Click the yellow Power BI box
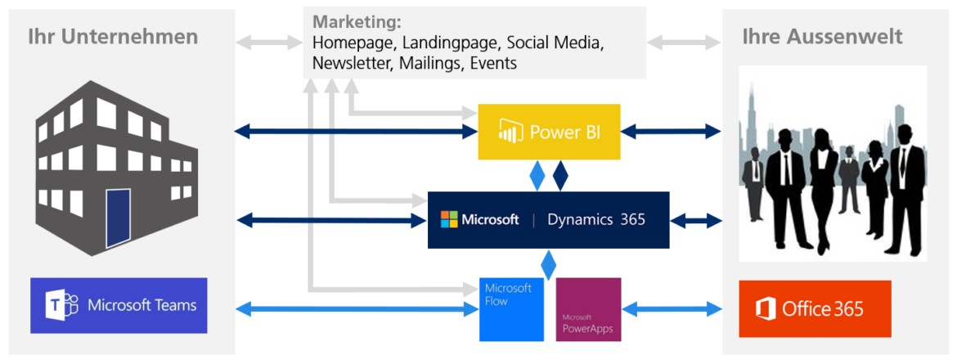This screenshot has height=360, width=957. coord(549,132)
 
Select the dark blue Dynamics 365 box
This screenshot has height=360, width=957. coord(548,220)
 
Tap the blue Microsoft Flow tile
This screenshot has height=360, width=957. coord(511,309)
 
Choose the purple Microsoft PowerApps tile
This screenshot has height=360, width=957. coord(588,309)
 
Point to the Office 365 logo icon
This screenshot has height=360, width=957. coord(766,309)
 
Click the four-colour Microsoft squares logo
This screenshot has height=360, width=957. coord(449,219)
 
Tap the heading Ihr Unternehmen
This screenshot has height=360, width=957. coord(113,37)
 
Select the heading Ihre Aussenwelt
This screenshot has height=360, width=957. coord(822,37)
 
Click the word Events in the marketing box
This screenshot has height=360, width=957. coord(493,63)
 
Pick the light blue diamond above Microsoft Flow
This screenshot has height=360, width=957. coord(549,263)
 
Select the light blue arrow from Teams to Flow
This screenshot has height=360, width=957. coord(356,308)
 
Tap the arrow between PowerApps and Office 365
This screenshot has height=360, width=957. coord(672,309)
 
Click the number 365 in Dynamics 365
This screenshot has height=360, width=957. coord(631,219)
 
